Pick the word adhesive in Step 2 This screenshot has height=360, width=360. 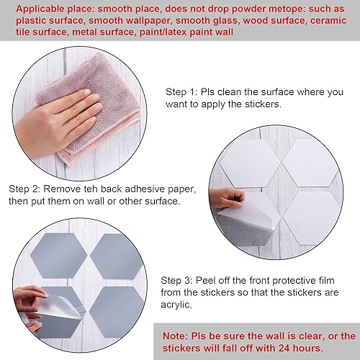(x=148, y=189)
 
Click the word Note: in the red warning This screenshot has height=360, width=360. (x=177, y=336)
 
